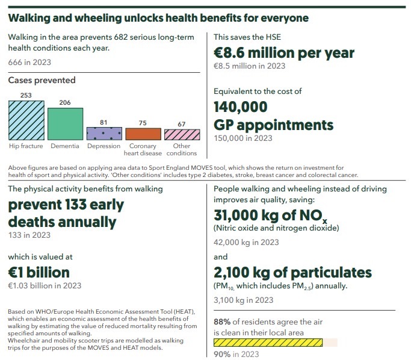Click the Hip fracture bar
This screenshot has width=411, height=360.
tap(26, 120)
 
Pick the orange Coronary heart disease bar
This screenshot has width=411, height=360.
tap(143, 134)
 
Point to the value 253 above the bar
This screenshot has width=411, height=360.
tap(26, 95)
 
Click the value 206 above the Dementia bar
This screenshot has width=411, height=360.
tap(65, 103)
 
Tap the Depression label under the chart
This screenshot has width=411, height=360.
tap(104, 146)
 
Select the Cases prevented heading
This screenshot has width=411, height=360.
tap(42, 80)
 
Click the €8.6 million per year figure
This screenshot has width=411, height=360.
tap(284, 53)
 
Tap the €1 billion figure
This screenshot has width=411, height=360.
tap(39, 272)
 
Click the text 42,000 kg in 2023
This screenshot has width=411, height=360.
tap(246, 243)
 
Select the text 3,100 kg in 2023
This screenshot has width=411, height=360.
tap(244, 300)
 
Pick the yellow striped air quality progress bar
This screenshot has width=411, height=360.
tap(268, 343)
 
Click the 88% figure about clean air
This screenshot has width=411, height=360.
tap(223, 322)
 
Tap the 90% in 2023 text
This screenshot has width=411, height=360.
tap(236, 355)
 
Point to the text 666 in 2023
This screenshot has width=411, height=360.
tap(29, 62)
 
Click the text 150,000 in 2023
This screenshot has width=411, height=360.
tap(243, 138)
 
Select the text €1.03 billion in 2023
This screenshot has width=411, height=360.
tap(45, 285)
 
